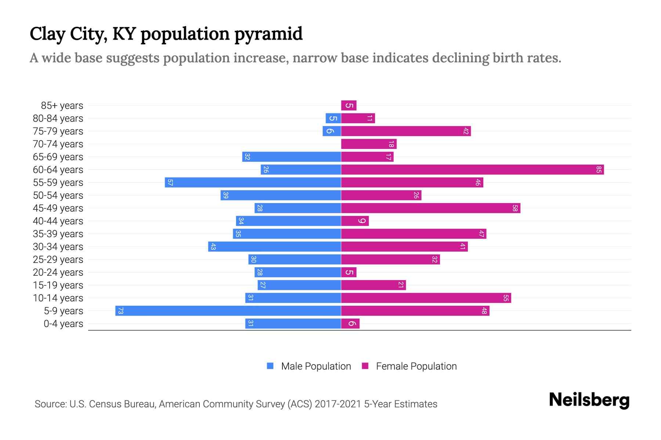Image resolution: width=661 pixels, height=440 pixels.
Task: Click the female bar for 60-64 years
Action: click(472, 170)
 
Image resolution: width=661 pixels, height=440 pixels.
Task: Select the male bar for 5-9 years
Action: click(228, 311)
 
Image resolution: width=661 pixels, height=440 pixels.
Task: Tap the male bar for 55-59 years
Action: click(253, 183)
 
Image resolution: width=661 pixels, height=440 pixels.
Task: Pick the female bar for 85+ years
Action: click(348, 106)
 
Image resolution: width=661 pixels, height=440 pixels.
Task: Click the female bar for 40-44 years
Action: click(355, 221)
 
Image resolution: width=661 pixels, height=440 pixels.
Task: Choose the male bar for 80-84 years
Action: click(333, 118)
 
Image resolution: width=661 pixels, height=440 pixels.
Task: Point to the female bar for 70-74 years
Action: click(369, 144)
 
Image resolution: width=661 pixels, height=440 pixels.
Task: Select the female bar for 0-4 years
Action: click(350, 324)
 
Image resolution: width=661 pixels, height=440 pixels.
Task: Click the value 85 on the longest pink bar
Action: click(599, 170)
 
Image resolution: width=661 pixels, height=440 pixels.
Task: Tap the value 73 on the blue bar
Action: click(120, 311)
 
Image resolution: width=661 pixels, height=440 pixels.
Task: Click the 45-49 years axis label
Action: click(58, 208)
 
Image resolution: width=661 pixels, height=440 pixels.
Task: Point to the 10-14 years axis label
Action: click(58, 298)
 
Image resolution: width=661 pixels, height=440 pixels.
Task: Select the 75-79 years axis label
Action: click(58, 131)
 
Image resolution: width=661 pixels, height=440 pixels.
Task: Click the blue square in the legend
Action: click(270, 366)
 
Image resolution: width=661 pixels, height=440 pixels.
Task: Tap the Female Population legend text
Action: click(416, 366)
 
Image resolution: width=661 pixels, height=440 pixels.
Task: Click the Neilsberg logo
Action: click(589, 400)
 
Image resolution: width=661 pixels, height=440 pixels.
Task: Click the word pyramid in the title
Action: click(268, 34)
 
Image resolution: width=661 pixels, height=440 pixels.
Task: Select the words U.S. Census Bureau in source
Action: click(113, 404)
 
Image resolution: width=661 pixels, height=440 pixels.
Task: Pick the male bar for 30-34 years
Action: click(274, 247)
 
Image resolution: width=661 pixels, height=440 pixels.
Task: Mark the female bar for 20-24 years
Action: click(348, 272)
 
